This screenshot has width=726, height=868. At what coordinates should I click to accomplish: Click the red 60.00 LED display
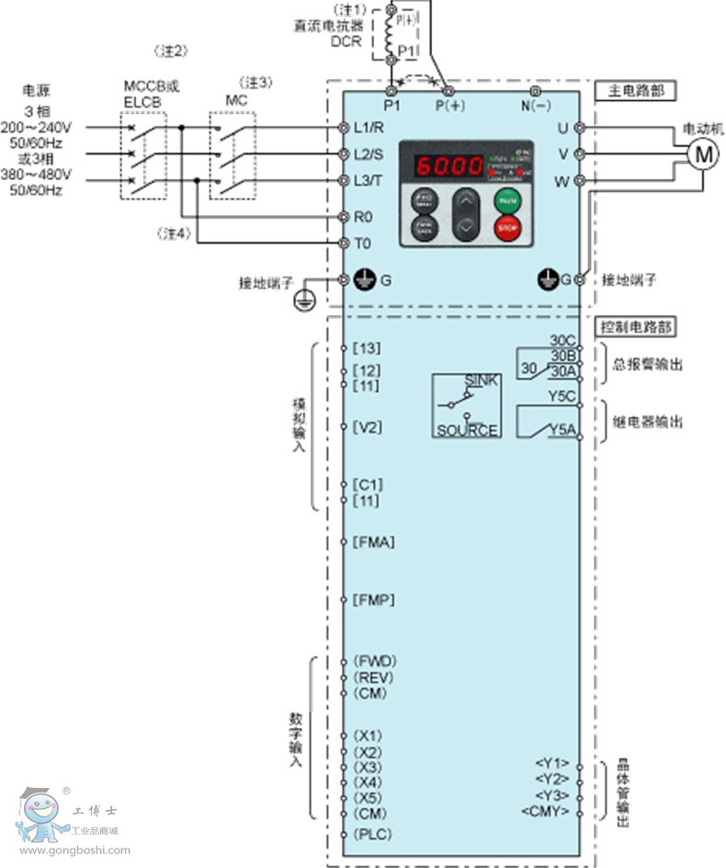(449, 167)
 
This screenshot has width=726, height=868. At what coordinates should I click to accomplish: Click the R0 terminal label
(363, 217)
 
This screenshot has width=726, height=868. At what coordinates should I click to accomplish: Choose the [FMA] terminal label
(374, 542)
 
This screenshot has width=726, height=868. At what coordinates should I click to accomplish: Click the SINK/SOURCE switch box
(467, 405)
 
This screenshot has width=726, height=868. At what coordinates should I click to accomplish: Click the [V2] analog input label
(369, 428)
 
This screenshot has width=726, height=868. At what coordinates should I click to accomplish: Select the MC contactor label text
(235, 98)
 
